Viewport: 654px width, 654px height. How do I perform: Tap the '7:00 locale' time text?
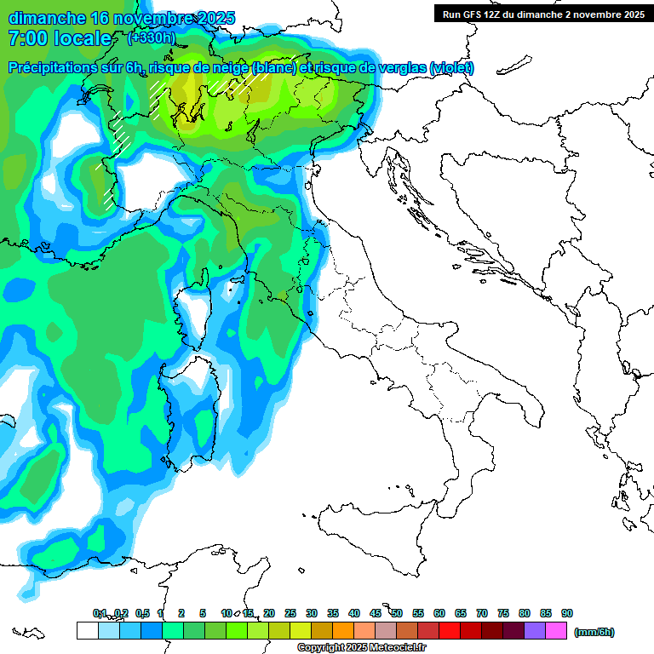60,38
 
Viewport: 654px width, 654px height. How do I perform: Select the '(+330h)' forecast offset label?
151,37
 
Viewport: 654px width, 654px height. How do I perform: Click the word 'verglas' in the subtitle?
399,68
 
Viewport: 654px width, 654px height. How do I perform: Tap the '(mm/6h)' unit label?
594,632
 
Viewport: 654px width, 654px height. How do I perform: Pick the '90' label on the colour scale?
567,614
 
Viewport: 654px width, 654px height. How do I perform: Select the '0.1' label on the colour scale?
100,614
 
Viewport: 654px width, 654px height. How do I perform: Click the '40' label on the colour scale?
354,614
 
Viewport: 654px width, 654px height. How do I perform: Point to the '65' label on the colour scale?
461,614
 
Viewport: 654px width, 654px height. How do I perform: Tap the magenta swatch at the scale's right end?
556,630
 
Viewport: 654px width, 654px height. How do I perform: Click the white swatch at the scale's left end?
87,630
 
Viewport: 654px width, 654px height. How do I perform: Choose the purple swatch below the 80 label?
535,630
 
